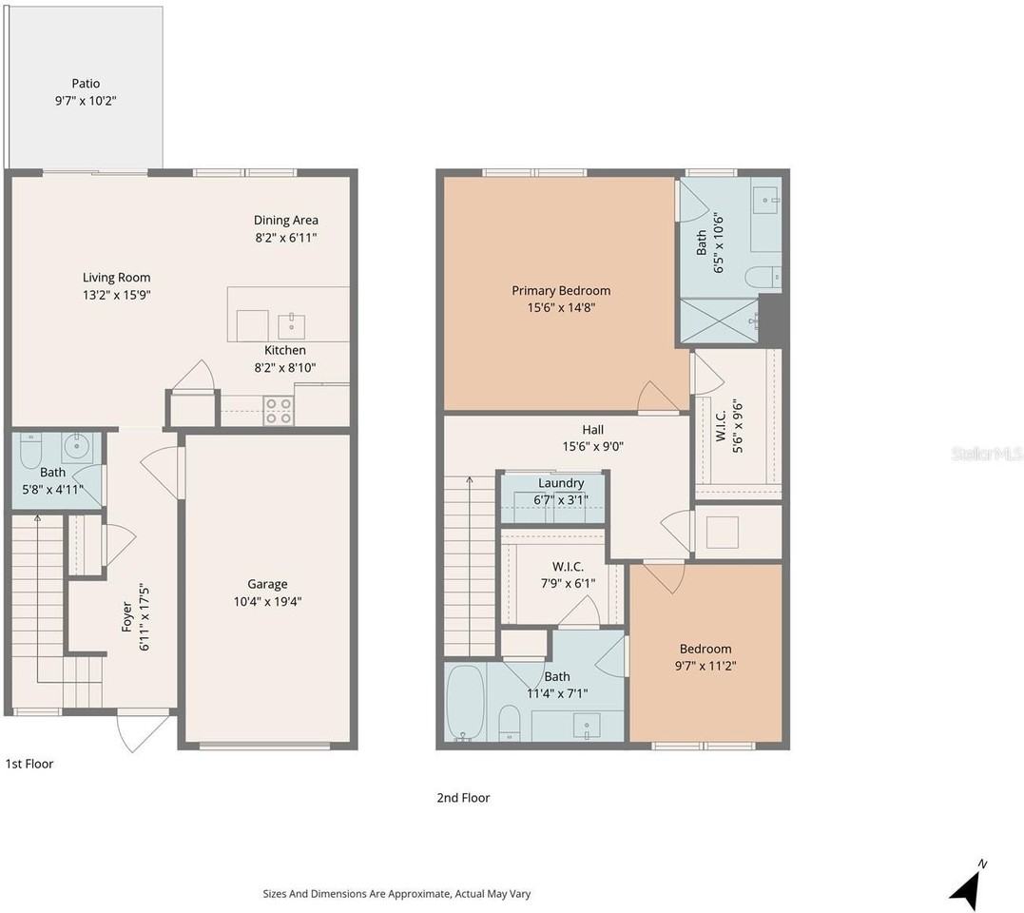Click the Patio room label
click(x=86, y=84)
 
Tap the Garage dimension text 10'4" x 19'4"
click(x=267, y=601)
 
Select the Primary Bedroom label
click(x=561, y=291)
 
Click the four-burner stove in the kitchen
click(x=279, y=411)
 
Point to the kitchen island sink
click(x=291, y=326)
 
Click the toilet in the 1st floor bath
click(x=30, y=446)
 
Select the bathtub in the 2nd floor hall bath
click(x=465, y=702)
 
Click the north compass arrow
click(x=967, y=884)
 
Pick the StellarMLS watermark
click(x=986, y=456)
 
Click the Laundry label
click(x=561, y=483)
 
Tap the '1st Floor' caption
click(x=29, y=764)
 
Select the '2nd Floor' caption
click(x=463, y=798)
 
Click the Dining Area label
click(x=285, y=220)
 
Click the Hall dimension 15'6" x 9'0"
click(x=593, y=446)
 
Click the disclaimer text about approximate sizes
click(x=396, y=894)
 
